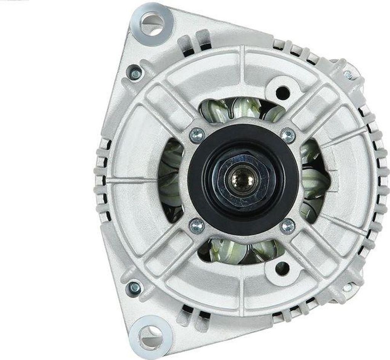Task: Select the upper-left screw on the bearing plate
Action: pyautogui.click(x=197, y=134)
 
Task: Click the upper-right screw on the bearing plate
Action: pyautogui.click(x=288, y=134)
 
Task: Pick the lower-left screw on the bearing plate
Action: pyautogui.click(x=197, y=226)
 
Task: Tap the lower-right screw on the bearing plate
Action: pyautogui.click(x=288, y=226)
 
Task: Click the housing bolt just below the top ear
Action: pyautogui.click(x=135, y=73)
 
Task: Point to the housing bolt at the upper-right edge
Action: pyautogui.click(x=348, y=75)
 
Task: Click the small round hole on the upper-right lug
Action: pyautogui.click(x=282, y=92)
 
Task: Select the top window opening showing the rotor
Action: pyautogui.click(x=240, y=109)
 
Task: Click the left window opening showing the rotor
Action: pyautogui.click(x=170, y=179)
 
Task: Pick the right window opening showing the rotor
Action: pyautogui.click(x=314, y=179)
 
